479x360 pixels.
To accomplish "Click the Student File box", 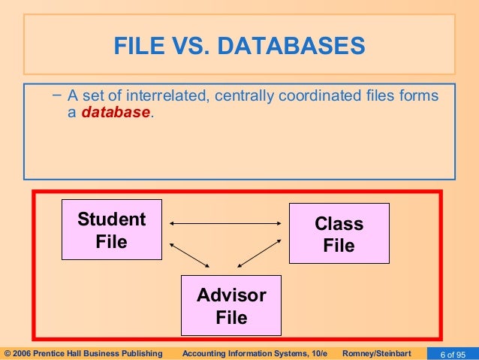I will click(112, 230).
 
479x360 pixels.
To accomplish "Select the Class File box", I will click(339, 234).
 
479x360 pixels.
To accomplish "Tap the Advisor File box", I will click(230, 305).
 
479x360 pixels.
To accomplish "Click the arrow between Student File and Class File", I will click(225, 222).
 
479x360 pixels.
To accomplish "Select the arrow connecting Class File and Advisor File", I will click(260, 256).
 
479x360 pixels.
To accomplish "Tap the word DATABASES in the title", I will click(292, 48).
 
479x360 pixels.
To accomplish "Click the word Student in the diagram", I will click(112, 219).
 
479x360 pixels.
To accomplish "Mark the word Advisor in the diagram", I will click(231, 295).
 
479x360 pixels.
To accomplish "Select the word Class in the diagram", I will click(339, 224).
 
